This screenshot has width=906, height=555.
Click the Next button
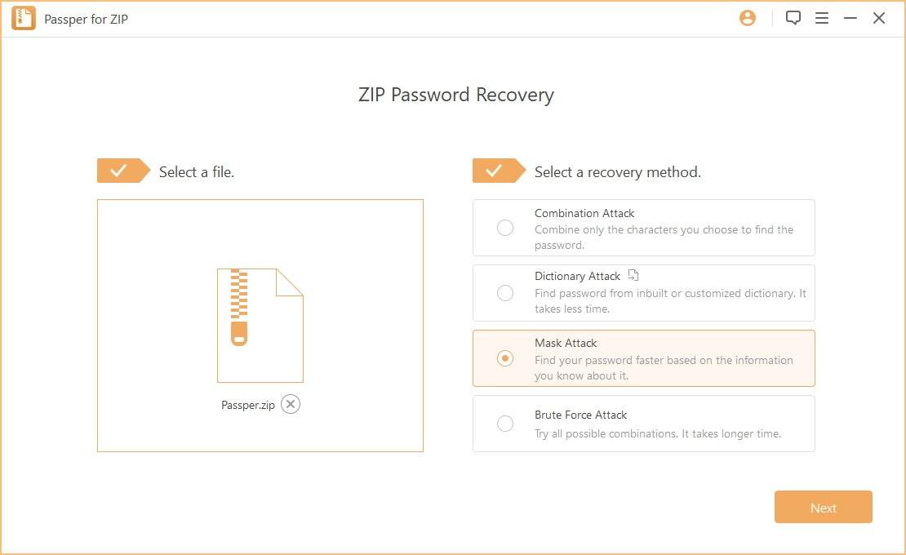point(823,507)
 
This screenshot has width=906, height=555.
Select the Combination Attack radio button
point(505,228)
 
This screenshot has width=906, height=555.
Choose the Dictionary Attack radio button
point(505,293)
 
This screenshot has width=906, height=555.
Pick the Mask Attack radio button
point(505,358)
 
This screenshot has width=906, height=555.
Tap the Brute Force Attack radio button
point(505,424)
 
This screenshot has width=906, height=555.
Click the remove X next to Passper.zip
point(291,404)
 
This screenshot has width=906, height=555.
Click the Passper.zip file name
point(248,405)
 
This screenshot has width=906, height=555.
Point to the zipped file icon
point(260,325)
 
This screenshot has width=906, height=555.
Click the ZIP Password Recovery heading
point(455,95)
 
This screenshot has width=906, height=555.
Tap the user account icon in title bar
point(748,18)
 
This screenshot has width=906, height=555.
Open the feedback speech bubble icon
point(793,18)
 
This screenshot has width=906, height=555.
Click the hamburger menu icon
point(822,18)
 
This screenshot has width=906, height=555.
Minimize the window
point(850,18)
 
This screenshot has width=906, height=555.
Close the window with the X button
point(879,18)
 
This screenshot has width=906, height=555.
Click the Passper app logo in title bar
point(23,18)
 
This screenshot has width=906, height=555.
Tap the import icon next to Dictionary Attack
point(633,275)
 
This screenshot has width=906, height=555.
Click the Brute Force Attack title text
point(580,415)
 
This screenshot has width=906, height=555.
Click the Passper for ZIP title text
point(86,19)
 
